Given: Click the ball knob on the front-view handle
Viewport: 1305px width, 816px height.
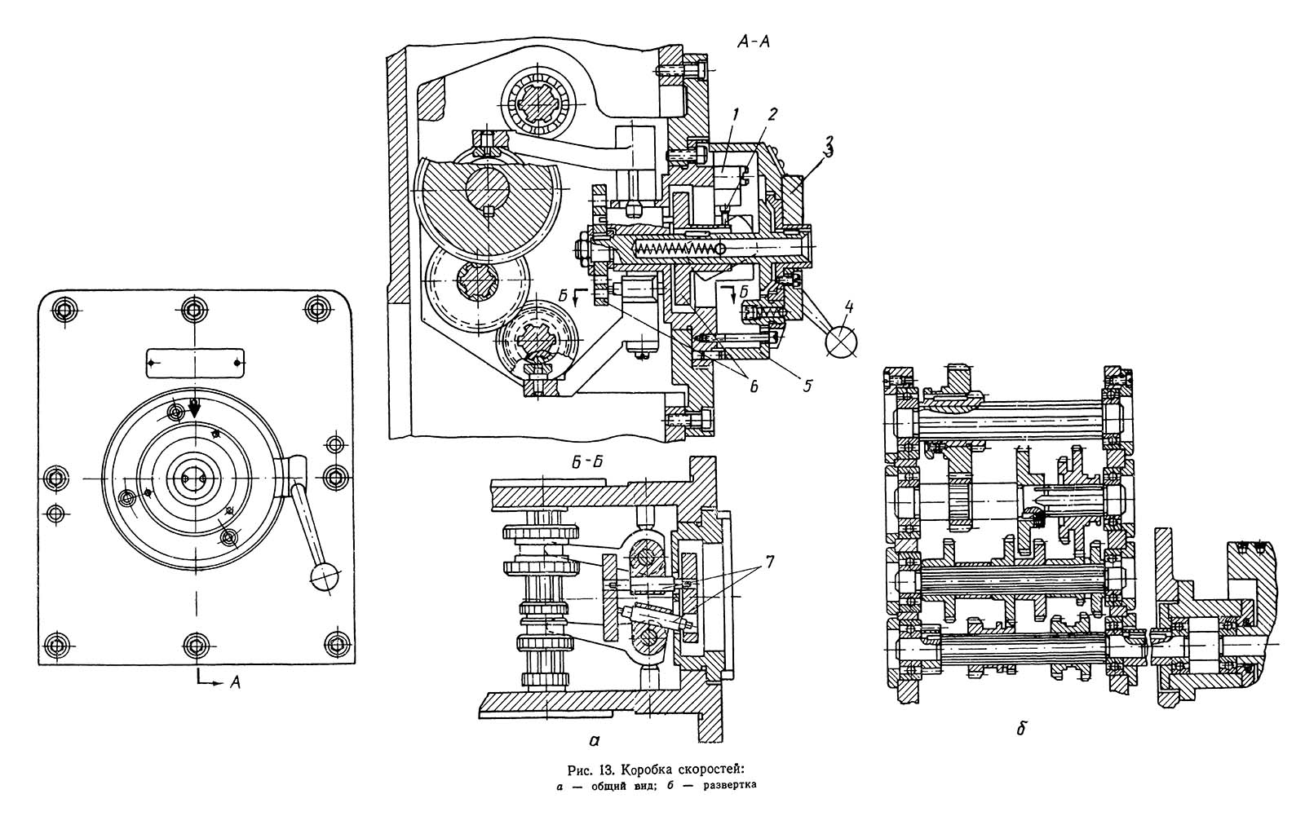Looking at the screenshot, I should pos(325,576).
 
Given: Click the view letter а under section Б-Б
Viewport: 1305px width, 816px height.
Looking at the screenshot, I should pos(594,739).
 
